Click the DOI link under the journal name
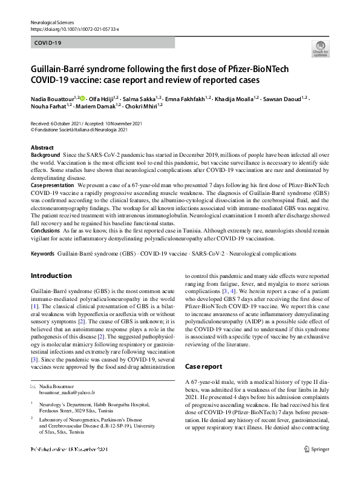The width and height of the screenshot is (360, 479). click(74, 28)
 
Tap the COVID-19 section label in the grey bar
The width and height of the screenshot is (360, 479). click(48, 44)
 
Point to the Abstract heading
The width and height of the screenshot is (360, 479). click(42, 148)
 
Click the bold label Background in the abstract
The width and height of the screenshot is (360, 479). click(45, 156)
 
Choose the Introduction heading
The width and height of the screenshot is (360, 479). click(51, 276)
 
